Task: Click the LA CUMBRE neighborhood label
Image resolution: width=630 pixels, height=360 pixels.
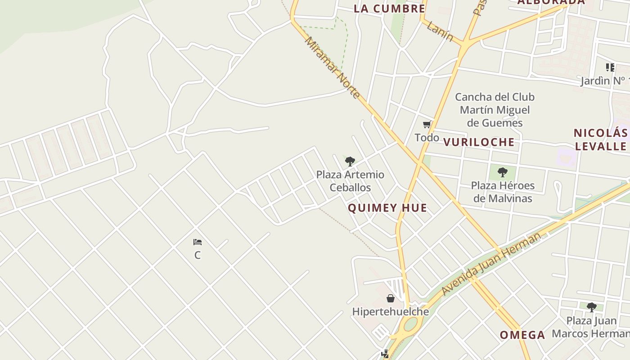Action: [389, 9]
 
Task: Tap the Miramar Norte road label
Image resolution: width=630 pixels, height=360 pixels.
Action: [332, 67]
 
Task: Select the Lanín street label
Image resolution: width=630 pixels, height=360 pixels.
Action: [440, 31]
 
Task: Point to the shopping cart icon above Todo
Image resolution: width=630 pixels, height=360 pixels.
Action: [427, 124]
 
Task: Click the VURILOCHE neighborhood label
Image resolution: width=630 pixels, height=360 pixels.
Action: [479, 142]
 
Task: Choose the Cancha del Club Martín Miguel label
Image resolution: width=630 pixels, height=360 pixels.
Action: [495, 110]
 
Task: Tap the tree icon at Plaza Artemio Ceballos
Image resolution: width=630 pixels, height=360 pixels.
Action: [350, 162]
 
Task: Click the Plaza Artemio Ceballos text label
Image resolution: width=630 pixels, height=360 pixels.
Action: [350, 181]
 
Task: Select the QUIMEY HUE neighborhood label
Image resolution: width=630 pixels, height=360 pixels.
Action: [387, 208]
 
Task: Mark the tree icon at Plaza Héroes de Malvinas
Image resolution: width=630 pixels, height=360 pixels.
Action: [503, 172]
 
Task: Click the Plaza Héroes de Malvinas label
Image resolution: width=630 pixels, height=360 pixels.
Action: [503, 192]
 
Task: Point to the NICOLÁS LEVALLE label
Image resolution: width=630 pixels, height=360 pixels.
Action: [601, 139]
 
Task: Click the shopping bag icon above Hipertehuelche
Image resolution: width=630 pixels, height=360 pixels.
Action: [391, 298]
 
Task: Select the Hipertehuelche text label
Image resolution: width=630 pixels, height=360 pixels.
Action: [390, 311]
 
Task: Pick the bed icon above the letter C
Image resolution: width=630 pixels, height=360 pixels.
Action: [197, 242]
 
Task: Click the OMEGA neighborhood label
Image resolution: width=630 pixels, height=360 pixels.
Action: [522, 335]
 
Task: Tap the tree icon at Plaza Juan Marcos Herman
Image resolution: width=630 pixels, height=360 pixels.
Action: [592, 307]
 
